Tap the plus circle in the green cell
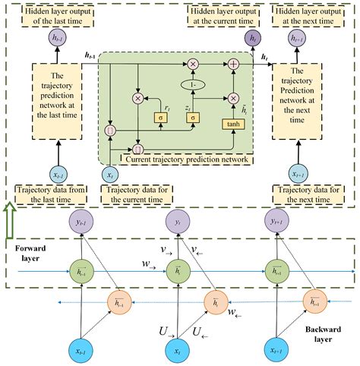pos(233,64)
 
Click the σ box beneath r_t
pos(159,117)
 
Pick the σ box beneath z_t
pos(193,118)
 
